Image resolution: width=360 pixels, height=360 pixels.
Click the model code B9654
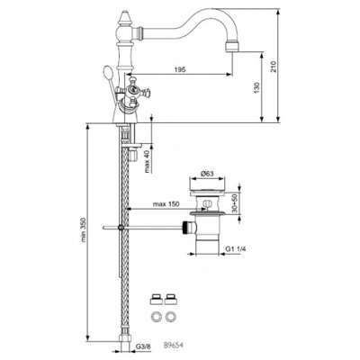[x=174, y=342]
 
